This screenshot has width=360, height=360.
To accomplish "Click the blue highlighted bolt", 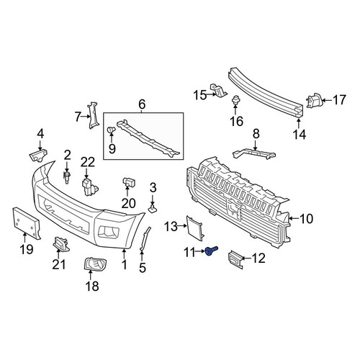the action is point(212,251).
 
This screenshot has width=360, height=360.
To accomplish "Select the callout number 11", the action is point(189,253).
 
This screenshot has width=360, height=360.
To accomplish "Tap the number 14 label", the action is point(300,134).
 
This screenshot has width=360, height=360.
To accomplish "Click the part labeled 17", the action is point(313,100).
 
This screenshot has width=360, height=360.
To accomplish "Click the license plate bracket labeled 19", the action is point(26,223).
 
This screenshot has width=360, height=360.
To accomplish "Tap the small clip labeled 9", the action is point(111,130).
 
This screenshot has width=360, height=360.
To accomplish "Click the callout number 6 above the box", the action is point(142,104).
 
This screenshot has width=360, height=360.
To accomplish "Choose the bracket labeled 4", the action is point(38,156).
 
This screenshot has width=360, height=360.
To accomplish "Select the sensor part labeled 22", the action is point(89,186).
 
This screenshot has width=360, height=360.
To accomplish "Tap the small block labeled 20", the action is point(129,182).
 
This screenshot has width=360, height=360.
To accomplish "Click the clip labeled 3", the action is point(153,209).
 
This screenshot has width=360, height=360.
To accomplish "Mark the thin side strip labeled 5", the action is point(145,239).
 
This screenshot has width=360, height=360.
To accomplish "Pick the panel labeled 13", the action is point(194,228).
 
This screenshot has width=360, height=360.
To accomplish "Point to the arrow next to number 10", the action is point(294,218).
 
